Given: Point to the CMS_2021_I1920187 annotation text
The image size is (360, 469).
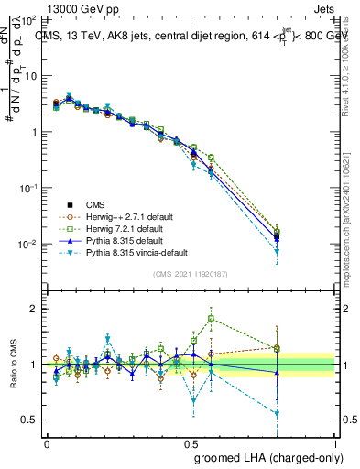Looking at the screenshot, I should click(191, 274).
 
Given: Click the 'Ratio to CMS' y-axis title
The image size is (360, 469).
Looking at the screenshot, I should click(12, 365).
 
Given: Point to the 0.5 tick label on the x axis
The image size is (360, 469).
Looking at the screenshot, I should click(191, 443).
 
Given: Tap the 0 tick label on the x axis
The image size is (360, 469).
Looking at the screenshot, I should click(46, 443).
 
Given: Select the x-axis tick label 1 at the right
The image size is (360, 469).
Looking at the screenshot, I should click(336, 443).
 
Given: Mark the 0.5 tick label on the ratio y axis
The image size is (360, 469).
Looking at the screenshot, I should click(29, 420).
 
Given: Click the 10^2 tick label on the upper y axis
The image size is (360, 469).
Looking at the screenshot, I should click(27, 19).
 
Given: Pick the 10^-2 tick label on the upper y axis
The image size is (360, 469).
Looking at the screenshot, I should click(27, 245).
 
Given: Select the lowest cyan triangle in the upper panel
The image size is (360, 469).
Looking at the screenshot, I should click(278, 251).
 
